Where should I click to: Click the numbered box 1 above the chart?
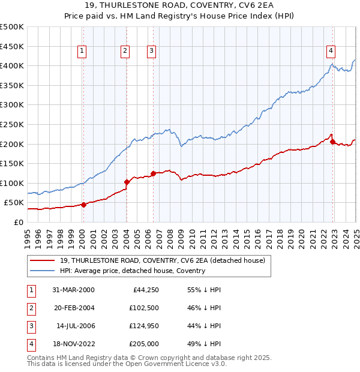81,52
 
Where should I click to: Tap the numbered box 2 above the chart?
125,52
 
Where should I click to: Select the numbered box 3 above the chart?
151,52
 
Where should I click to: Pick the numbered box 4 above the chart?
331,52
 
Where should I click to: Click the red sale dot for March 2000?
84,205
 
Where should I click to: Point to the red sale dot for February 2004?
127,182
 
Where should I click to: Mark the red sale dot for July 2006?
153,173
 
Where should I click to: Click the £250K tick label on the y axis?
12,124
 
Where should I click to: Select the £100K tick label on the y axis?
12,183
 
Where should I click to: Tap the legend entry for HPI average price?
133,271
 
